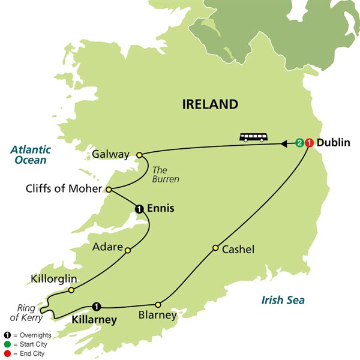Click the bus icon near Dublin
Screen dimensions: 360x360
click(254, 137)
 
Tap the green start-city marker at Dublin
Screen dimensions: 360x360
click(299, 143)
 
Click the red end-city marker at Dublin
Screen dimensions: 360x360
click(308, 143)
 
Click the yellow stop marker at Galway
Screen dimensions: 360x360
click(140, 155)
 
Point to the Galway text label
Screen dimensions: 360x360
click(112, 155)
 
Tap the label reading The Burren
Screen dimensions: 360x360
click(165, 173)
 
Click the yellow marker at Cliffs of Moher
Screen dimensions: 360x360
click(109, 190)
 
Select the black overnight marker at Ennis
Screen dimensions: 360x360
click(139, 209)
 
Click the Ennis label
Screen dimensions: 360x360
click(161, 209)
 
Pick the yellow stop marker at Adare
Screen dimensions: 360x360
click(127, 251)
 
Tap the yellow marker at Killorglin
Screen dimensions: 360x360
click(71, 290)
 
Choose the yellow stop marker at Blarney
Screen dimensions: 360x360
click(158, 304)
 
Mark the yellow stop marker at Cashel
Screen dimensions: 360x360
click(215, 248)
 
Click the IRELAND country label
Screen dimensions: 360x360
click(210, 104)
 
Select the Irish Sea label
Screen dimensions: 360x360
click(283, 300)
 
